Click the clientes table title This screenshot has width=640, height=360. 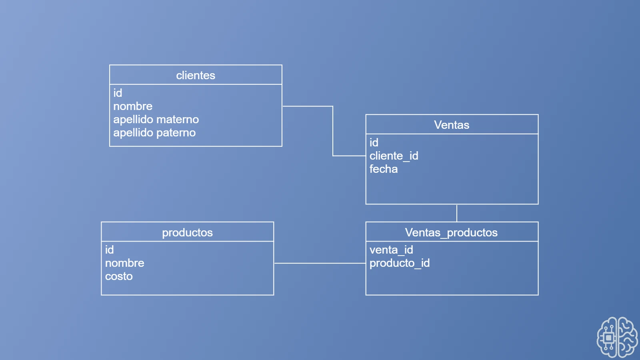point(196,75)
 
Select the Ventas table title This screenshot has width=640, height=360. point(452,125)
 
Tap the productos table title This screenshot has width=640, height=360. point(187,232)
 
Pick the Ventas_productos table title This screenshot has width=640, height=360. point(451,232)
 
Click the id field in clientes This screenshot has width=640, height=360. point(118,93)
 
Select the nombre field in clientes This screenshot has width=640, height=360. point(133,106)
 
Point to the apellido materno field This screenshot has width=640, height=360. point(156,119)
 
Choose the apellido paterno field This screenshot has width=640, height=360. point(154,132)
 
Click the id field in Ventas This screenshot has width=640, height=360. point(374,142)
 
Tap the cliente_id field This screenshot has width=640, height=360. point(394,156)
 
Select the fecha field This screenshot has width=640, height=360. point(384,169)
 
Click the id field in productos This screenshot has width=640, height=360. point(110,250)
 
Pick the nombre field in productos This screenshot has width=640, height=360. point(125,263)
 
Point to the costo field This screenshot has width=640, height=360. point(119,276)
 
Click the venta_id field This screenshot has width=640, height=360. point(391,250)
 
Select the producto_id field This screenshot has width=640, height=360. point(400,263)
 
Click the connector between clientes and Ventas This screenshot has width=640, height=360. point(333,131)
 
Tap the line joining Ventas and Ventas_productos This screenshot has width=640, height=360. point(457,213)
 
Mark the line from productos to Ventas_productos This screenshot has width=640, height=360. point(320,263)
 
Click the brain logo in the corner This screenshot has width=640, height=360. point(617,337)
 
